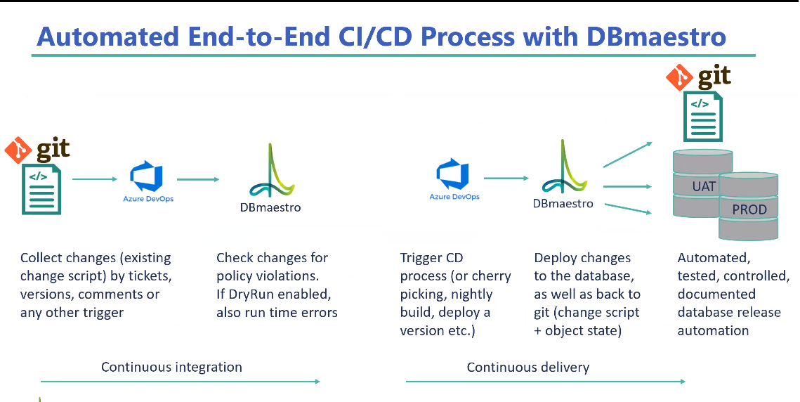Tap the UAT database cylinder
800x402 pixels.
tap(703, 183)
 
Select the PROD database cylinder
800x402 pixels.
tap(749, 206)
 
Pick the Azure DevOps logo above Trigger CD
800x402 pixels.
tap(454, 179)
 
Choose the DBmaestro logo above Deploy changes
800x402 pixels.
tap(563, 174)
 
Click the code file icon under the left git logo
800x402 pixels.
tap(41, 190)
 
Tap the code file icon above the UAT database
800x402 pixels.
tap(703, 117)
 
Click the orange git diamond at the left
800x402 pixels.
tap(18, 150)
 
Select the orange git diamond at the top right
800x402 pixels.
tap(680, 77)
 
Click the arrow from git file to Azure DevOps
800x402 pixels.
tap(95, 179)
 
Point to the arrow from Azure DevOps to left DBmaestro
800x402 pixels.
tap(198, 179)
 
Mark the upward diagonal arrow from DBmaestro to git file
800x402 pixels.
tap(628, 154)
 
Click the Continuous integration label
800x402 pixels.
tap(171, 367)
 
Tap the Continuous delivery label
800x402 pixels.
tap(528, 367)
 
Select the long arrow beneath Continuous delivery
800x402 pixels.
tap(546, 381)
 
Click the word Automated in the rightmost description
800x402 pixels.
tap(714, 258)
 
